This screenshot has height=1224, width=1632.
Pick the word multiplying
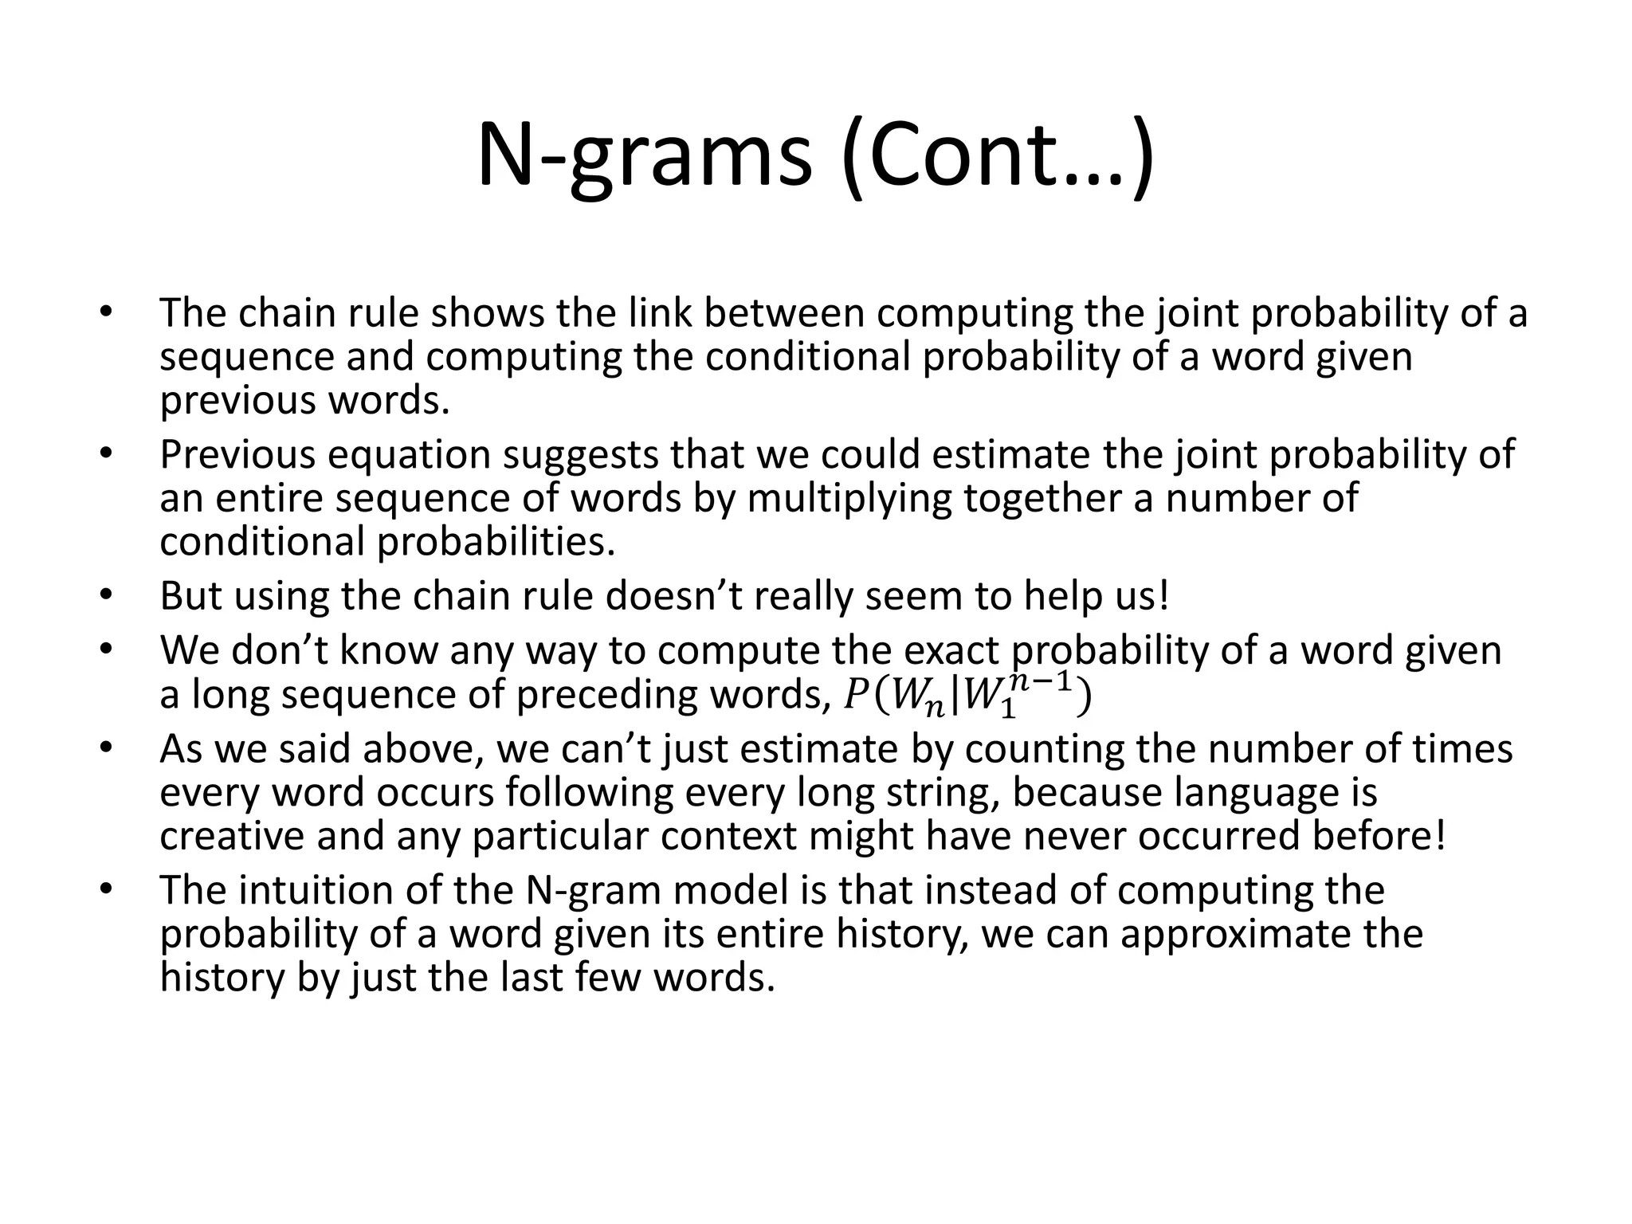click(x=849, y=498)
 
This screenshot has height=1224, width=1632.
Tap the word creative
click(x=231, y=836)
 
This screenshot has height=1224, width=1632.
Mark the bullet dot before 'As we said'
click(x=108, y=748)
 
